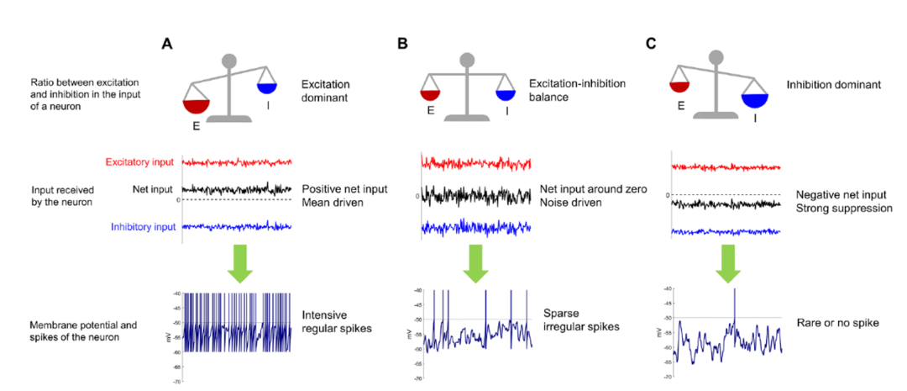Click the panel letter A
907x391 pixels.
167,44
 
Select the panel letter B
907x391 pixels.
402,44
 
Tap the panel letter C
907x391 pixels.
650,44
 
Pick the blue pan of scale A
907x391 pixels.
267,87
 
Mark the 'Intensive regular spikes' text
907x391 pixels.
331,321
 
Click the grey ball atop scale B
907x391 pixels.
467,61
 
